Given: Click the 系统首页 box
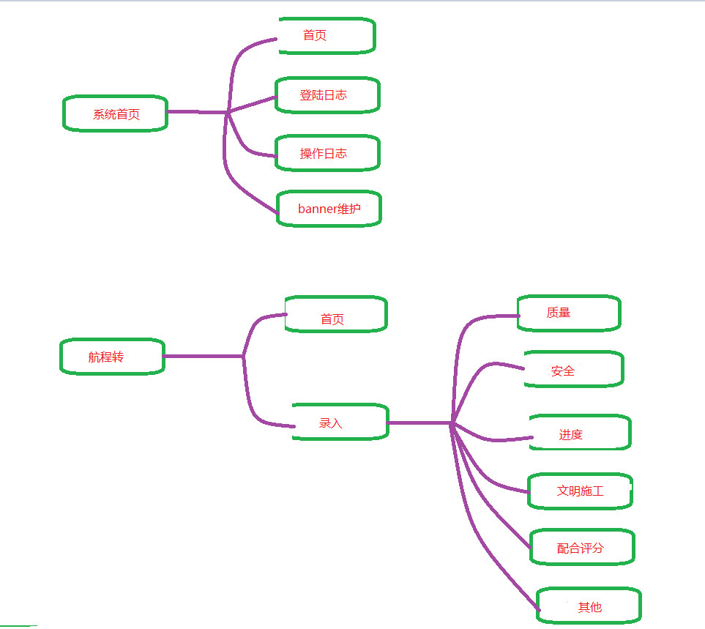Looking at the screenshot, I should (116, 113).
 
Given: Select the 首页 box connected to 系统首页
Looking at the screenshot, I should (327, 35).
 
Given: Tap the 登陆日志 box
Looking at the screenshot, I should (327, 95).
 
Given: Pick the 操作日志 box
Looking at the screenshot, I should (327, 153).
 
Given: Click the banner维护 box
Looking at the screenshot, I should (329, 209).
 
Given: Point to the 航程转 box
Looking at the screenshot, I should (112, 357).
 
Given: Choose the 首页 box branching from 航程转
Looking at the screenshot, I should (335, 315).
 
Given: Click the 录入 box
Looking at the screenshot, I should (340, 422).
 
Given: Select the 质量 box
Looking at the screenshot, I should (568, 313).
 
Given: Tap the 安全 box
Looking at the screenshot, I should (573, 369).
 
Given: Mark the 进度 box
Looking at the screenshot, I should (579, 433).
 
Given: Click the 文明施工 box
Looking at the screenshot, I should (580, 491).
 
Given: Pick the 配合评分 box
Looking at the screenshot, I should (581, 548).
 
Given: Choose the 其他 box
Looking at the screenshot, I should (589, 606).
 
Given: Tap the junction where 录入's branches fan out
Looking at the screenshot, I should (453, 423).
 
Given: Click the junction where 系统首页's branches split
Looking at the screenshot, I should (228, 112).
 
